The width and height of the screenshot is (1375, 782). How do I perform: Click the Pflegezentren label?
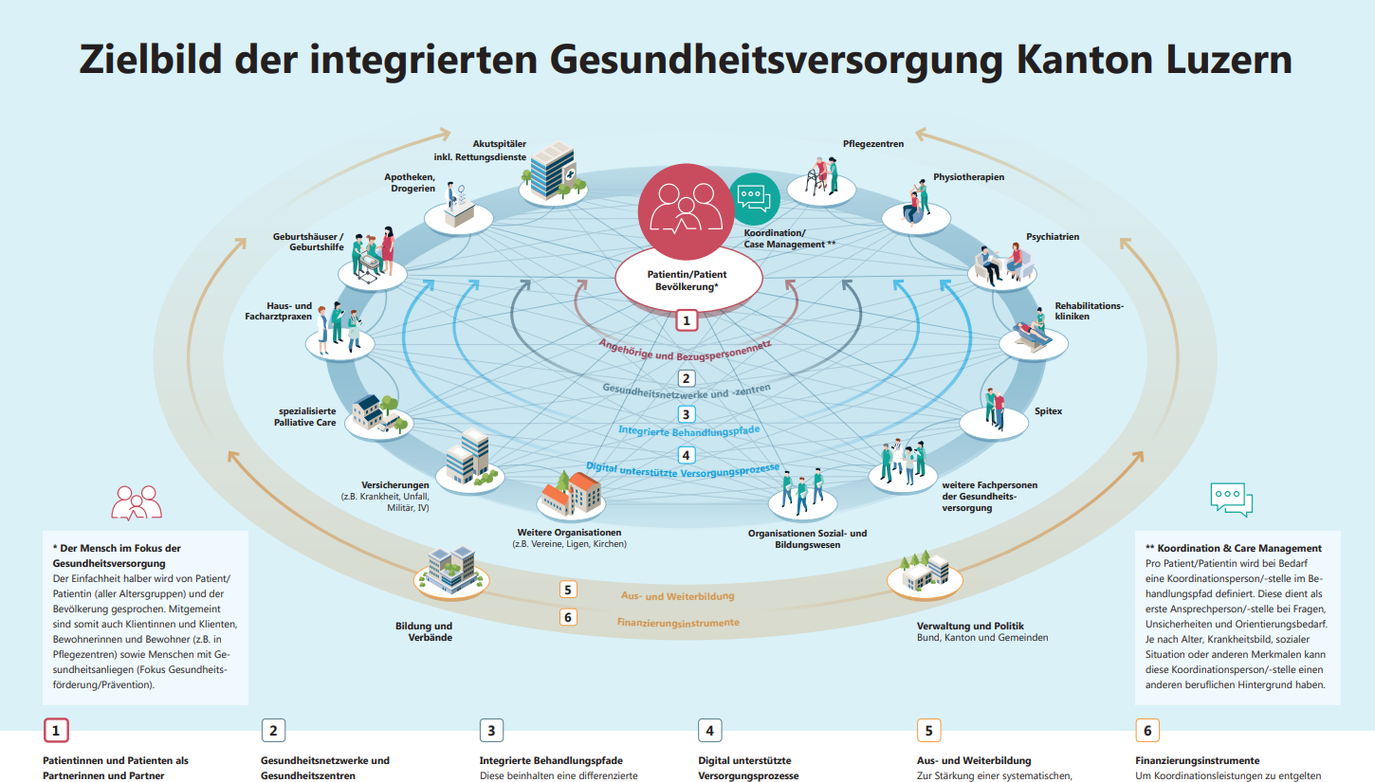click(x=873, y=144)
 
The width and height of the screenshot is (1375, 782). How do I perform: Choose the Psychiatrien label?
click(x=1053, y=237)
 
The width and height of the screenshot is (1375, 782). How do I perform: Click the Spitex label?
click(x=1049, y=411)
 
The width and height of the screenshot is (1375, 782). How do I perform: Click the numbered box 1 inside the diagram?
click(x=687, y=320)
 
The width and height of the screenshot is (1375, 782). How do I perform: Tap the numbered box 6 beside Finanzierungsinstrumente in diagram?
click(x=568, y=618)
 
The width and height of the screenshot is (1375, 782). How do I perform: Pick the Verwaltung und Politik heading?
click(x=970, y=626)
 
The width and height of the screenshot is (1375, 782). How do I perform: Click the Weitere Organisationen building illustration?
click(x=571, y=493)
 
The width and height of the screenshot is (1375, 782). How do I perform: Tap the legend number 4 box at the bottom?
click(x=709, y=731)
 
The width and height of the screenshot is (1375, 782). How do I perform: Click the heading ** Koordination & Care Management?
click(x=1234, y=548)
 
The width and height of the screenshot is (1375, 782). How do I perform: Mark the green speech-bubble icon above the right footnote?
click(x=1232, y=499)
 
